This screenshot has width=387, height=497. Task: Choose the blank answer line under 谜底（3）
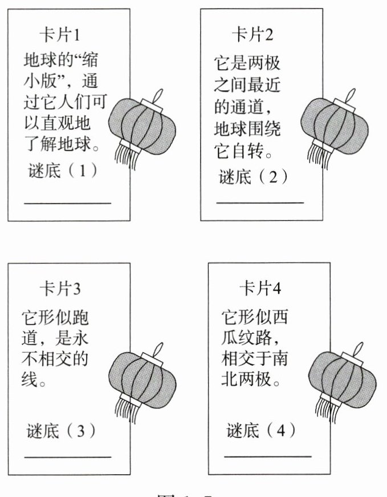(x=67, y=456)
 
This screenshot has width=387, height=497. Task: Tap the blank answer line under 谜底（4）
(x=268, y=456)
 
